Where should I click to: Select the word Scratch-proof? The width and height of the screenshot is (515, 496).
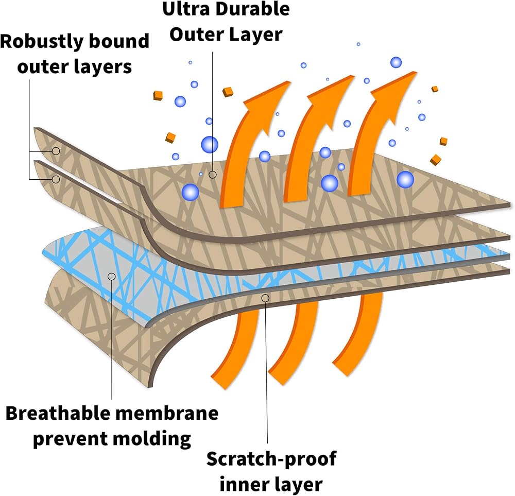(271, 459)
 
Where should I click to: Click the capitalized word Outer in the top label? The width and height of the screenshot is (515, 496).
(195, 35)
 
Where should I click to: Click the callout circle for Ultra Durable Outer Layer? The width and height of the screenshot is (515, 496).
(213, 175)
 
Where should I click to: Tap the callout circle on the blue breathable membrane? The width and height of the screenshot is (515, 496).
(112, 277)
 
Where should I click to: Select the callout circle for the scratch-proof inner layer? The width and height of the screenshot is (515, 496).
(265, 298)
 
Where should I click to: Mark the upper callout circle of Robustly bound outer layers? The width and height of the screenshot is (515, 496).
(56, 151)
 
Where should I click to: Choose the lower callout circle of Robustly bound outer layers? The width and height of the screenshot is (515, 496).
(56, 179)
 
